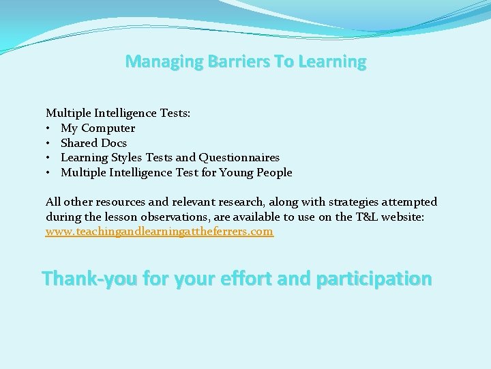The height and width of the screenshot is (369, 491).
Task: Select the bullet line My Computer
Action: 98,128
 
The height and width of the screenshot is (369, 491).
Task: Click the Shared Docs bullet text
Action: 93,143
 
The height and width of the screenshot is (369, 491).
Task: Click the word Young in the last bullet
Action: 237,173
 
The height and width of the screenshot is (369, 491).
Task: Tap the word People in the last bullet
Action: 274,173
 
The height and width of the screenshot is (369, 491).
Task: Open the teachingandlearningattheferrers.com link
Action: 160,232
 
